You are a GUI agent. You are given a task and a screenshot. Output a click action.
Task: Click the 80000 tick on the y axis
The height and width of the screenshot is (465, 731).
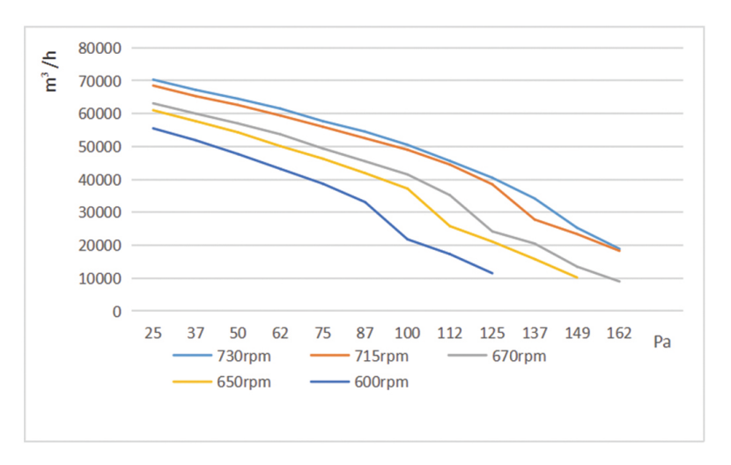[100, 48]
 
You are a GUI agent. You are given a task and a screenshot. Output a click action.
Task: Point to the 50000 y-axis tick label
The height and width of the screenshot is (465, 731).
[100, 146]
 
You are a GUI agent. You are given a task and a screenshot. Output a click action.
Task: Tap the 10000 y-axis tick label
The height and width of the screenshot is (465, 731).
[100, 278]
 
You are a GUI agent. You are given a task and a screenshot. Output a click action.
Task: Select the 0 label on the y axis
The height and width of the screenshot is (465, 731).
[116, 311]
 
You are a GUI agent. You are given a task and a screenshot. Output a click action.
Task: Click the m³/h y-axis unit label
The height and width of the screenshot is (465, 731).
[53, 70]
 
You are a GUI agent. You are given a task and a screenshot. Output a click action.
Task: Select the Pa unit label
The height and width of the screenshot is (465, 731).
[662, 342]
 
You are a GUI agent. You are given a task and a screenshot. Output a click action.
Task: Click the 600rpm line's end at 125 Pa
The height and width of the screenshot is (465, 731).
[492, 273]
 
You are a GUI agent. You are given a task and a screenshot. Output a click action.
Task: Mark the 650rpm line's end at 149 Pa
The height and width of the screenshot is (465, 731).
[577, 277]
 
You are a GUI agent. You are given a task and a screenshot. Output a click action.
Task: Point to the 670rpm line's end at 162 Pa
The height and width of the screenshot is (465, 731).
[619, 281]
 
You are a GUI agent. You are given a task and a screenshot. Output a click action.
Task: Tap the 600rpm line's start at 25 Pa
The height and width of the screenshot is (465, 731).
[153, 128]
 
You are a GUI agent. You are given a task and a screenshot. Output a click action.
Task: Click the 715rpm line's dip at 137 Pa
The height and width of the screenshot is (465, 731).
[535, 219]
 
